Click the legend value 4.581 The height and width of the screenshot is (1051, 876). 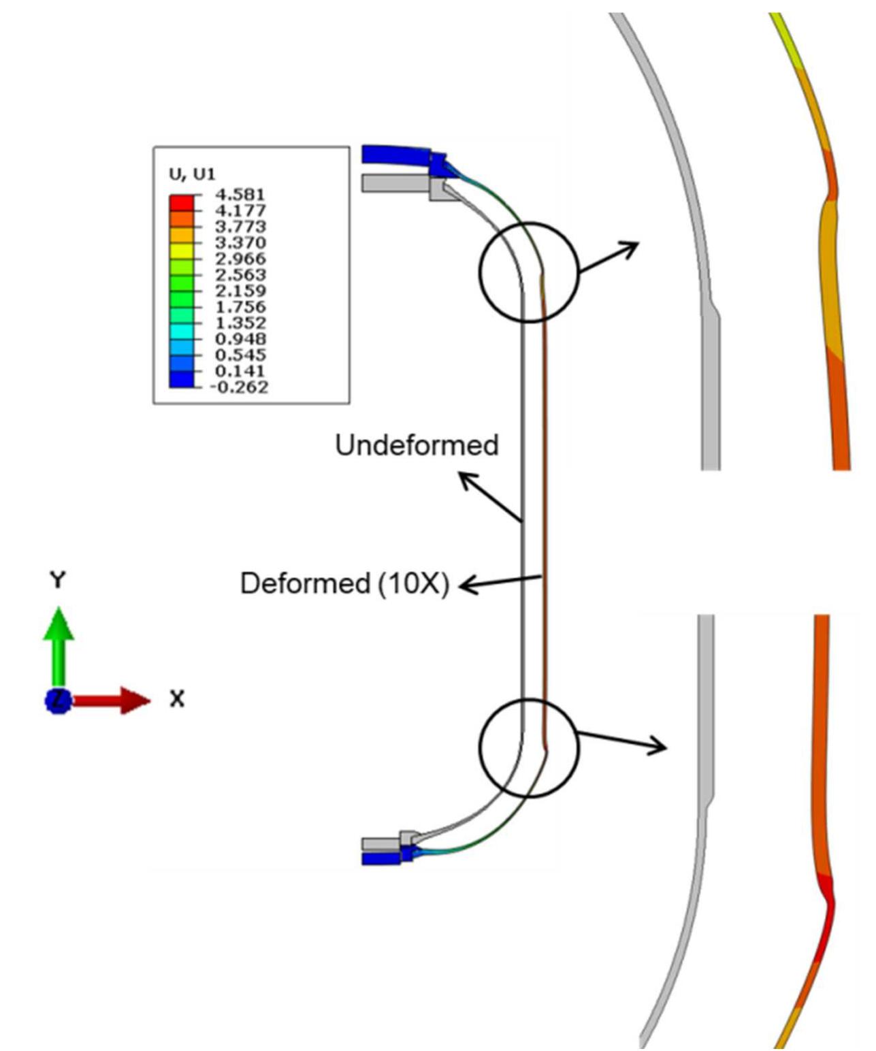[x=240, y=195]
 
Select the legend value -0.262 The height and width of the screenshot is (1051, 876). [x=240, y=387]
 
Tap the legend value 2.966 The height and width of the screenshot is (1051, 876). [x=240, y=259]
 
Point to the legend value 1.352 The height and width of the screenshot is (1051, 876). [x=240, y=323]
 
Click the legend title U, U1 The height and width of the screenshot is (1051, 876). [x=192, y=174]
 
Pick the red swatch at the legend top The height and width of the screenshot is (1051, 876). [x=181, y=202]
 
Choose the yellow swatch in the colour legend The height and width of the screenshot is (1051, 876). [x=181, y=250]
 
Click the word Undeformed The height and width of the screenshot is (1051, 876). [x=417, y=445]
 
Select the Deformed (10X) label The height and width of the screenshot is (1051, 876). [x=344, y=584]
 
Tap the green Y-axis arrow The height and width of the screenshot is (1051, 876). [x=59, y=643]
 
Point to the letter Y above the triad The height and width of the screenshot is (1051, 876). [x=59, y=581]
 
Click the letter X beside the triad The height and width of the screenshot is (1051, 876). [x=177, y=699]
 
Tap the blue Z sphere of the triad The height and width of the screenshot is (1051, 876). [x=59, y=700]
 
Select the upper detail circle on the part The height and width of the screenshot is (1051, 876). [x=529, y=272]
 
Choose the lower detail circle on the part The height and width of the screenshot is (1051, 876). [x=529, y=747]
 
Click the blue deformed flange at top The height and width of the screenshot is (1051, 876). [x=395, y=155]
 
